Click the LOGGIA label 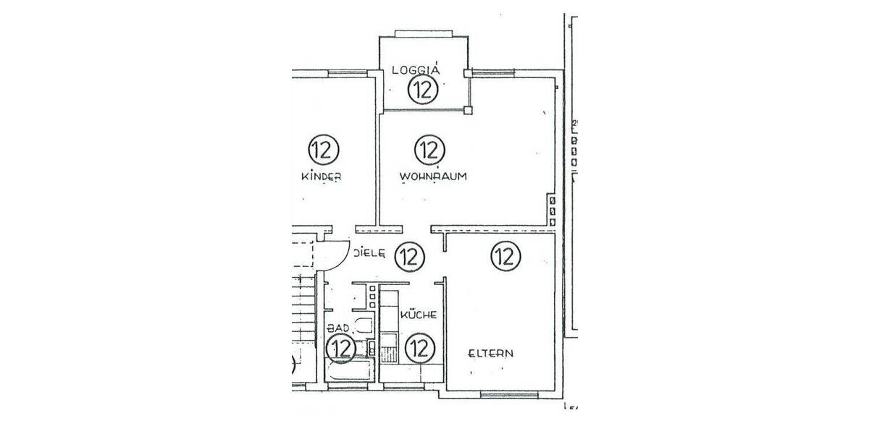click(416, 70)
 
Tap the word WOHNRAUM click(432, 176)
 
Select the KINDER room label click(321, 177)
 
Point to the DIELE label click(369, 254)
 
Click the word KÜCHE click(418, 315)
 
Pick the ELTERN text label click(490, 354)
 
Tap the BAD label click(337, 328)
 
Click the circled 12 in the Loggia click(422, 90)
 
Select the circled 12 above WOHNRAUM click(429, 150)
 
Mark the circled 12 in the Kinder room click(323, 150)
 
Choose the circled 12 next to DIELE click(410, 255)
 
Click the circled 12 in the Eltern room click(505, 255)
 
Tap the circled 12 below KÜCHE click(419, 349)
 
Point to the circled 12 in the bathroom click(340, 349)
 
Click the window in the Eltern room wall click(509, 394)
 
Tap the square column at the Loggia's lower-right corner click(469, 111)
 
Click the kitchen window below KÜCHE click(403, 388)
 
